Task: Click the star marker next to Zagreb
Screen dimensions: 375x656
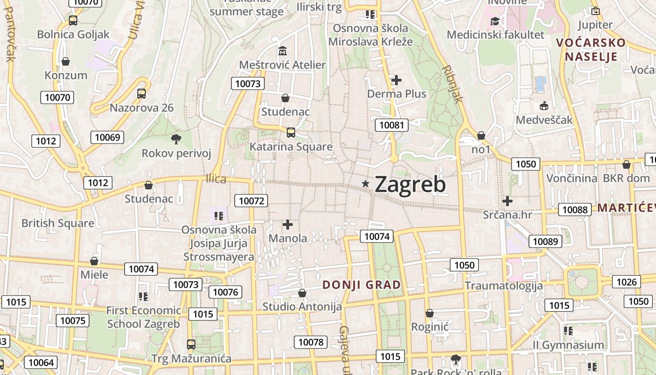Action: click(x=365, y=184)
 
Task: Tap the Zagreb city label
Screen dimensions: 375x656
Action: click(x=410, y=184)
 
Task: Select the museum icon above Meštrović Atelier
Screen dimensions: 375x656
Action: click(x=283, y=51)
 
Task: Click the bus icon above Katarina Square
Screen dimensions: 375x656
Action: click(x=291, y=133)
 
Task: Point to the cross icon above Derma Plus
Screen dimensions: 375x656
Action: click(x=396, y=80)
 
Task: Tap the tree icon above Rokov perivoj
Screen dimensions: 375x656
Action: click(x=176, y=139)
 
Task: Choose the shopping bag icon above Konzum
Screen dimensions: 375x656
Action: click(x=66, y=61)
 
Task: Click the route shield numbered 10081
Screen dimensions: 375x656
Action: click(x=391, y=125)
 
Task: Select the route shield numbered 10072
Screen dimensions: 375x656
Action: click(x=252, y=201)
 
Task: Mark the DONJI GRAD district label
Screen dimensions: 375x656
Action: click(x=362, y=285)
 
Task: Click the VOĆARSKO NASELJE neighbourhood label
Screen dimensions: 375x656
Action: click(x=590, y=50)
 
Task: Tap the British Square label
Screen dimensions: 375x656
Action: click(x=58, y=223)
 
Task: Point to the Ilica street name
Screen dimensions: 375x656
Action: click(x=216, y=179)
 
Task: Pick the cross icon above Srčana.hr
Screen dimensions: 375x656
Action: click(x=507, y=201)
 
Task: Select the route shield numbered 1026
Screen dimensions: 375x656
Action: click(x=626, y=282)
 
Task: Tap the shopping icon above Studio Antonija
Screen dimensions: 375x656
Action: click(x=302, y=293)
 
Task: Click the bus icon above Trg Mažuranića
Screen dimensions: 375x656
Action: click(x=191, y=345)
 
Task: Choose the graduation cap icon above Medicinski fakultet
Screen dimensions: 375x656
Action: click(x=495, y=21)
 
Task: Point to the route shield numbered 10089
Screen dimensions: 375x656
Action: click(x=545, y=241)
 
